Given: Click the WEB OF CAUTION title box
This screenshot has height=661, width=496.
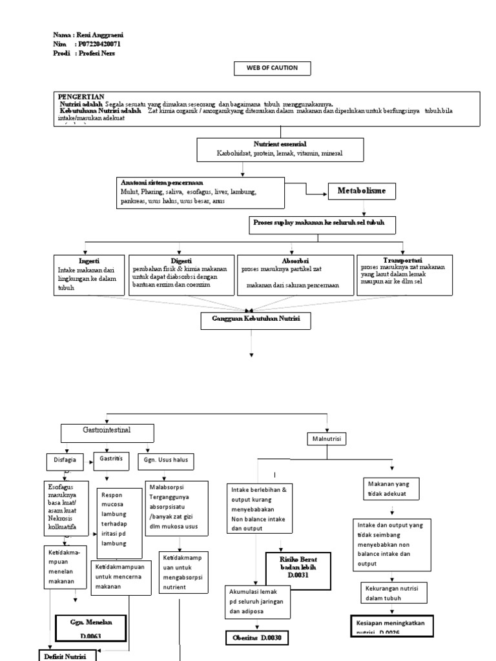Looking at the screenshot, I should point(271,69).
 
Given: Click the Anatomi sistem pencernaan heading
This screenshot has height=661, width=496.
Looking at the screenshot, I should point(157,184).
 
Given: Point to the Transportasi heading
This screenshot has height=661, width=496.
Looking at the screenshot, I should point(402,259).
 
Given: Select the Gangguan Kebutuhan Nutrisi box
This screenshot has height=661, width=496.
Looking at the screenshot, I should point(252,319).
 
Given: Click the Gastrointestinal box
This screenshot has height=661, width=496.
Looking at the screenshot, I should point(108,430).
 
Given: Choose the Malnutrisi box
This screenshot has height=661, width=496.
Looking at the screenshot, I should point(327,439).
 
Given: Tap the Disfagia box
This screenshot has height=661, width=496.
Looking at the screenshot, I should point(65,461).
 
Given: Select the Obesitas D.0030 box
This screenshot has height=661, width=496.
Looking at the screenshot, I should point(257,638).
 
